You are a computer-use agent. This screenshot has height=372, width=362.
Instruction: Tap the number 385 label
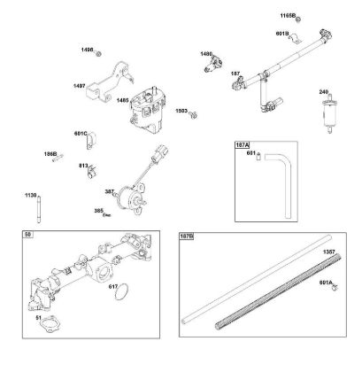(99, 210)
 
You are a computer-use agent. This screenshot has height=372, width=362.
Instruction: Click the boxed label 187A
(242, 145)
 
